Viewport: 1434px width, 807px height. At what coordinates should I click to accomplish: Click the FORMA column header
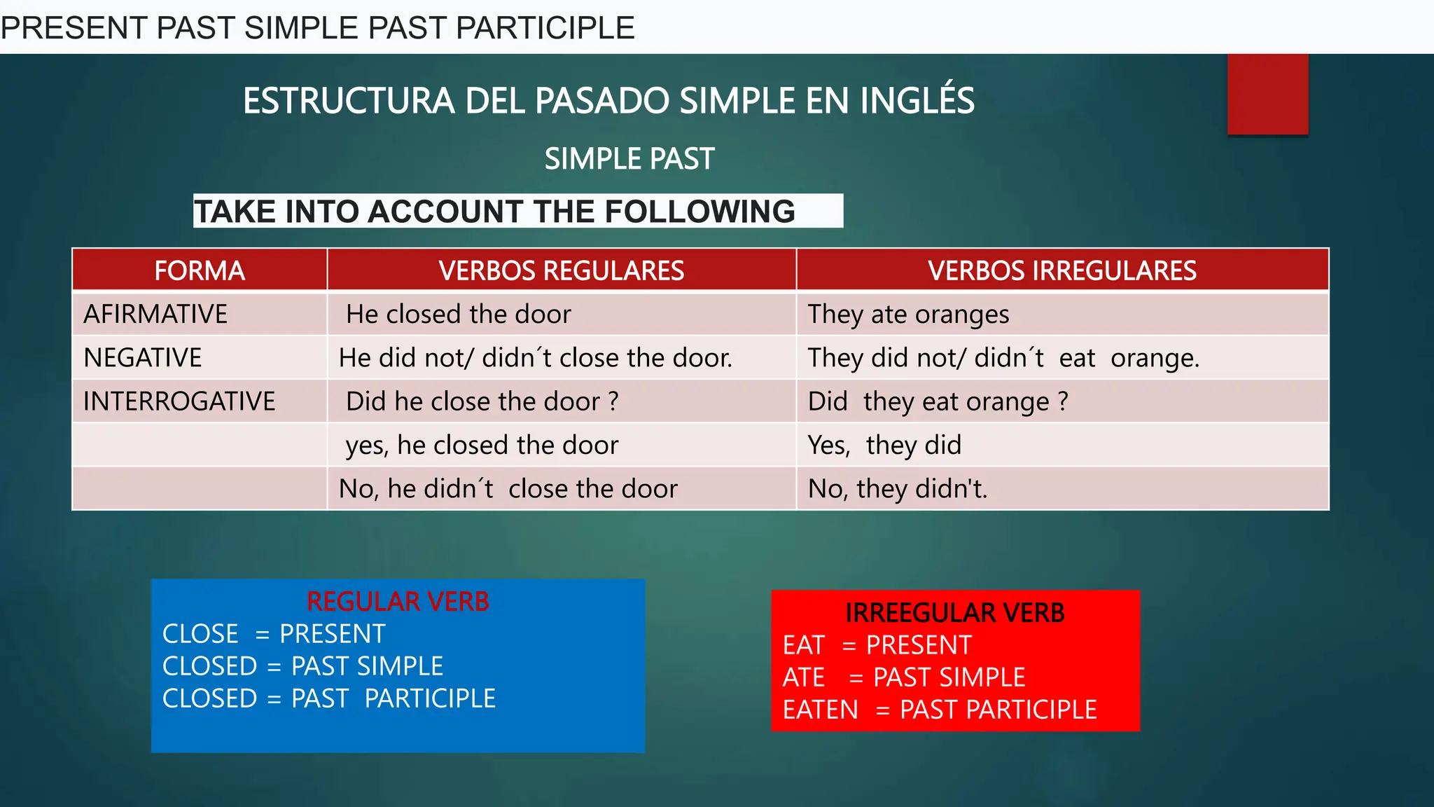point(200,270)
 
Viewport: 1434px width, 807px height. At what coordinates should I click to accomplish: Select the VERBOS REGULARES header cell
point(562,270)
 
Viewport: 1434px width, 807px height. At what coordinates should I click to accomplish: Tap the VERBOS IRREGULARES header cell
point(1062,270)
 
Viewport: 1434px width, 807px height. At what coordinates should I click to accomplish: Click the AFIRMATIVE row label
point(155,314)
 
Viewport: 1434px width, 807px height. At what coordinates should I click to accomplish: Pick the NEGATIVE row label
point(143,358)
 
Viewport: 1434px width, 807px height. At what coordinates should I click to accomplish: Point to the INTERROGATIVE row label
point(179,401)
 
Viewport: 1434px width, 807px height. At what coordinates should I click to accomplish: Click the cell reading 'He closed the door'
point(459,314)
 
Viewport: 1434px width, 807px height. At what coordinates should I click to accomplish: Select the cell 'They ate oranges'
point(908,315)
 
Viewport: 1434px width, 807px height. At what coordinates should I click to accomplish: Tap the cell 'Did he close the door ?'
point(482,401)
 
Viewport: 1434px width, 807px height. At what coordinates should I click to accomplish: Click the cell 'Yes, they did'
point(884,446)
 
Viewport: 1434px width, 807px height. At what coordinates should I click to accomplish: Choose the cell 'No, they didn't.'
point(898,489)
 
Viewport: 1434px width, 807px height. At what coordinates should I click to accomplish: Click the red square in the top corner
point(1267,94)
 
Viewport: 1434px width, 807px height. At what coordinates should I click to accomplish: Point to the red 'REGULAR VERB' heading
point(398,602)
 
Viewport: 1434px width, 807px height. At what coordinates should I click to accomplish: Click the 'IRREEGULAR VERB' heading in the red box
point(955,613)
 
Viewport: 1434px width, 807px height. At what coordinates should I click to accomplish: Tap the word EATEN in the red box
point(821,710)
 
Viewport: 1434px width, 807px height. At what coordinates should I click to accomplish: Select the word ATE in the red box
point(804,677)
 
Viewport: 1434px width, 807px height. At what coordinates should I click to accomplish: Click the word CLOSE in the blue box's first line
point(200,634)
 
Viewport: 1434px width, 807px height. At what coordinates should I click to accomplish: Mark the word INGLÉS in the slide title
point(917,100)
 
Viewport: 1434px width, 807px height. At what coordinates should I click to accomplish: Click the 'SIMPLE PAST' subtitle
point(629,159)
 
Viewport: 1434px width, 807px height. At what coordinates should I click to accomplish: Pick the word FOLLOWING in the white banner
point(699,212)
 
